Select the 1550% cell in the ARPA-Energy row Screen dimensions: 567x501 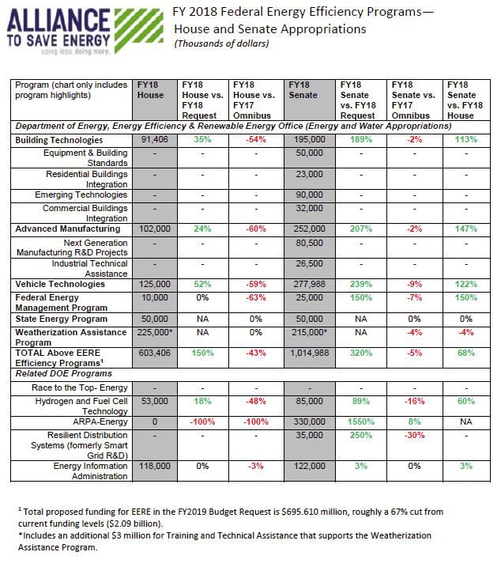coord(362,421)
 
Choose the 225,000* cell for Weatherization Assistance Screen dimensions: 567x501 coord(153,333)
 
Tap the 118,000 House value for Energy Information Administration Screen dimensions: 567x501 coord(153,467)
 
